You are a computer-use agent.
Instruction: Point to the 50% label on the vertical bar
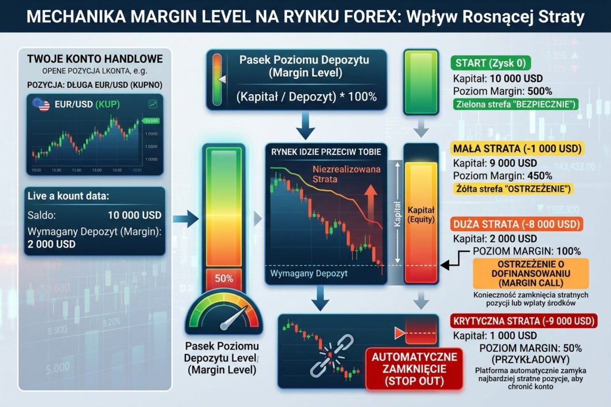point(224,278)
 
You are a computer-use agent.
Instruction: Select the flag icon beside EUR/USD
point(41,105)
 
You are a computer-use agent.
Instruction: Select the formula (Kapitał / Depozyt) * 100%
point(307,97)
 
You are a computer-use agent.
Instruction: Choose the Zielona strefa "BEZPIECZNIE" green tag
point(515,105)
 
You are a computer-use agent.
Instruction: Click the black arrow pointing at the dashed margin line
point(451,265)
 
